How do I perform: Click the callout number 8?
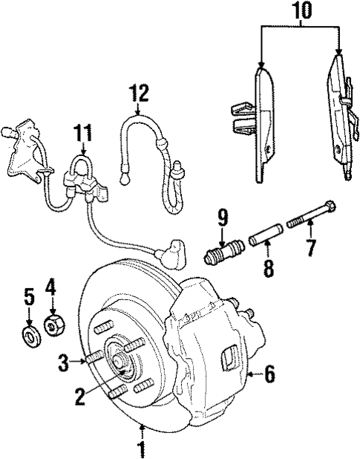[268, 266]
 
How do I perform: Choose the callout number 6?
[269, 376]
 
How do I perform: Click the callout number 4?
[51, 284]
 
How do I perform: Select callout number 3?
[65, 362]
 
